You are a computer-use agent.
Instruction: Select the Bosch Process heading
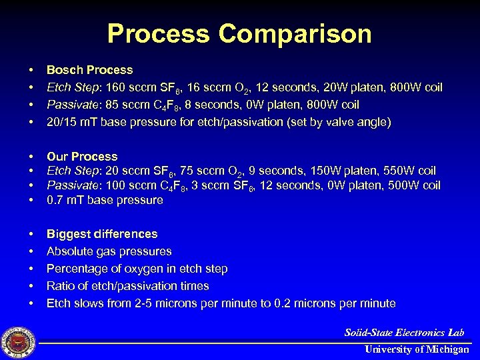pyautogui.click(x=89, y=70)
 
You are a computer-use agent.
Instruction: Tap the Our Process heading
pyautogui.click(x=81, y=157)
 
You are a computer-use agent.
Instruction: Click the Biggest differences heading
pyautogui.click(x=102, y=234)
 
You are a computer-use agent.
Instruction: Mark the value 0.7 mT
pyautogui.click(x=64, y=200)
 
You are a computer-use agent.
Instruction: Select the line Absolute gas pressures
pyautogui.click(x=109, y=251)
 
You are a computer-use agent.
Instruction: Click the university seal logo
pyautogui.click(x=19, y=341)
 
